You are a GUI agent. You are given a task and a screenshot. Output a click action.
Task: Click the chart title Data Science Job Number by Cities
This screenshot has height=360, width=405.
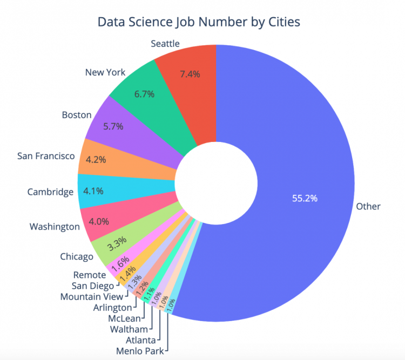pyautogui.click(x=198, y=22)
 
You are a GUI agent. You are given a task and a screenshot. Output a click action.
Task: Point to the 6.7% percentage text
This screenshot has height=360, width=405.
pyautogui.click(x=144, y=94)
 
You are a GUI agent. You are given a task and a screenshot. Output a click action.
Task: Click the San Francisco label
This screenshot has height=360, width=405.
pyautogui.click(x=46, y=156)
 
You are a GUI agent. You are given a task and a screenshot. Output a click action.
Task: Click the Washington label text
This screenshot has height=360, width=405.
pyautogui.click(x=55, y=226)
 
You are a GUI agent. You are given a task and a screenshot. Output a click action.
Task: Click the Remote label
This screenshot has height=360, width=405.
pyautogui.click(x=90, y=275)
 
